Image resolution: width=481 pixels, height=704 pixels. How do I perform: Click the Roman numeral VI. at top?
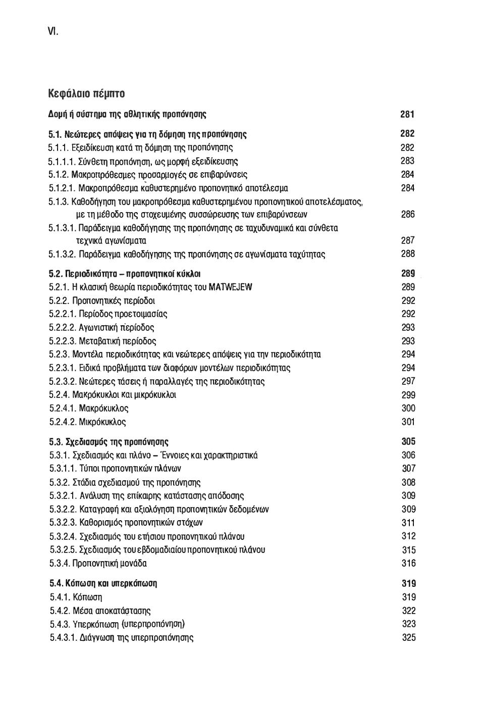tap(53, 31)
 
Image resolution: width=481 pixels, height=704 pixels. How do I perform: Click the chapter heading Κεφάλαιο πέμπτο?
tap(86, 93)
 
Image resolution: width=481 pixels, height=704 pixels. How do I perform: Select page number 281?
tap(407, 114)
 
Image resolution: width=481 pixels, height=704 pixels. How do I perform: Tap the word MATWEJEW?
tap(230, 287)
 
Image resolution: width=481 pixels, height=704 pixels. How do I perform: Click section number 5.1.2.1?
tap(63, 188)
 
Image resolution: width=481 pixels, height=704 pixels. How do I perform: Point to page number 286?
tap(408, 215)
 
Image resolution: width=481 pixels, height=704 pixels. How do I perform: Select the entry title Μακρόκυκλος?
tap(104, 408)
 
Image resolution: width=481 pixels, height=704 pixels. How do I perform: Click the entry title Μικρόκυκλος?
tap(102, 422)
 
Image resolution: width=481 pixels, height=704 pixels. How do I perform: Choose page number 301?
tap(408, 422)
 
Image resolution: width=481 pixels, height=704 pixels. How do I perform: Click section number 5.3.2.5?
tap(63, 549)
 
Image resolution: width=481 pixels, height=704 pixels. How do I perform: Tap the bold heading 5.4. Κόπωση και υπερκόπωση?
tap(103, 583)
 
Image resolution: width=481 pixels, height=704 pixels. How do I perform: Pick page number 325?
tap(409, 637)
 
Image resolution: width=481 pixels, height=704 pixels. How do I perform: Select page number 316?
tap(409, 563)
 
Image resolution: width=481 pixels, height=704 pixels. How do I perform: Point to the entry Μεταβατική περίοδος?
tap(118, 341)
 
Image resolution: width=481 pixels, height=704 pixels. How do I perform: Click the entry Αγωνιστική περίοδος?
tap(117, 327)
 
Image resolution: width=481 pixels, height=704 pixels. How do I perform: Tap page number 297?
tap(408, 381)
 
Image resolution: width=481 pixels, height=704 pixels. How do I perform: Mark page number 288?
tap(408, 254)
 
